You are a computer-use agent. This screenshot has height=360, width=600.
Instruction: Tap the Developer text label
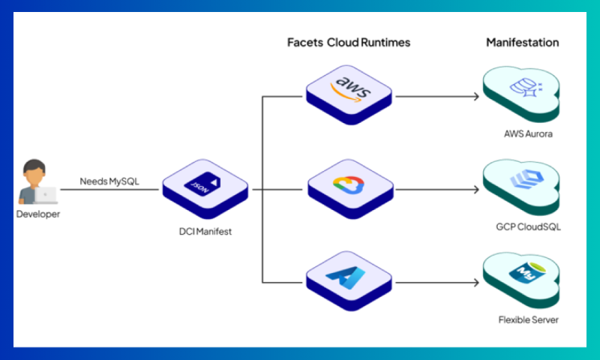coord(37,214)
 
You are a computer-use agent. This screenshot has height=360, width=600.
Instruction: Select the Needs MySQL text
coord(109,181)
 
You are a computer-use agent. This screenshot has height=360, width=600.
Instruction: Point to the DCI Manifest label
coord(200,232)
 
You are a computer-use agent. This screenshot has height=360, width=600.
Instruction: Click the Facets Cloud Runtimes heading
coord(349,43)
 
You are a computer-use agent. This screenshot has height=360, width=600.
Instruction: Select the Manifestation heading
coord(522,43)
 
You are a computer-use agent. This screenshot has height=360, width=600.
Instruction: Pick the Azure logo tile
coord(349,278)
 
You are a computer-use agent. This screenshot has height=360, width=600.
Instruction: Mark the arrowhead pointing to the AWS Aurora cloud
coord(475,97)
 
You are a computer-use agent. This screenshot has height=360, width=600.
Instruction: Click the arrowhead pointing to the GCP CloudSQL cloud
coord(475,190)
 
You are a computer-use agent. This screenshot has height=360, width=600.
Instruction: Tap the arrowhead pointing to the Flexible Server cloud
coord(475,283)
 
